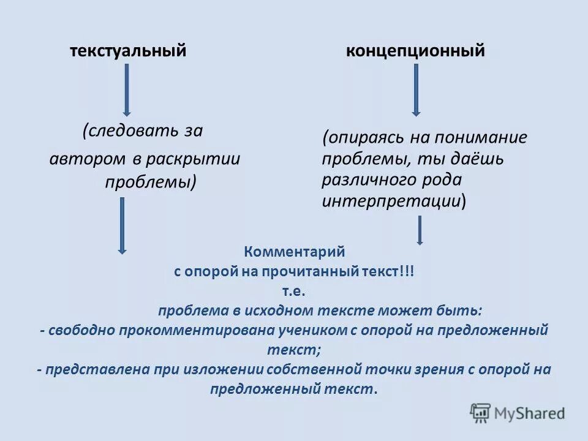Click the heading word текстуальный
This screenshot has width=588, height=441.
point(127,51)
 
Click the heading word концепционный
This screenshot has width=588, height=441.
point(415,51)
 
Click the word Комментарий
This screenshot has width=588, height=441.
point(295,252)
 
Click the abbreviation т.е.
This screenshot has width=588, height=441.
point(295,291)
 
